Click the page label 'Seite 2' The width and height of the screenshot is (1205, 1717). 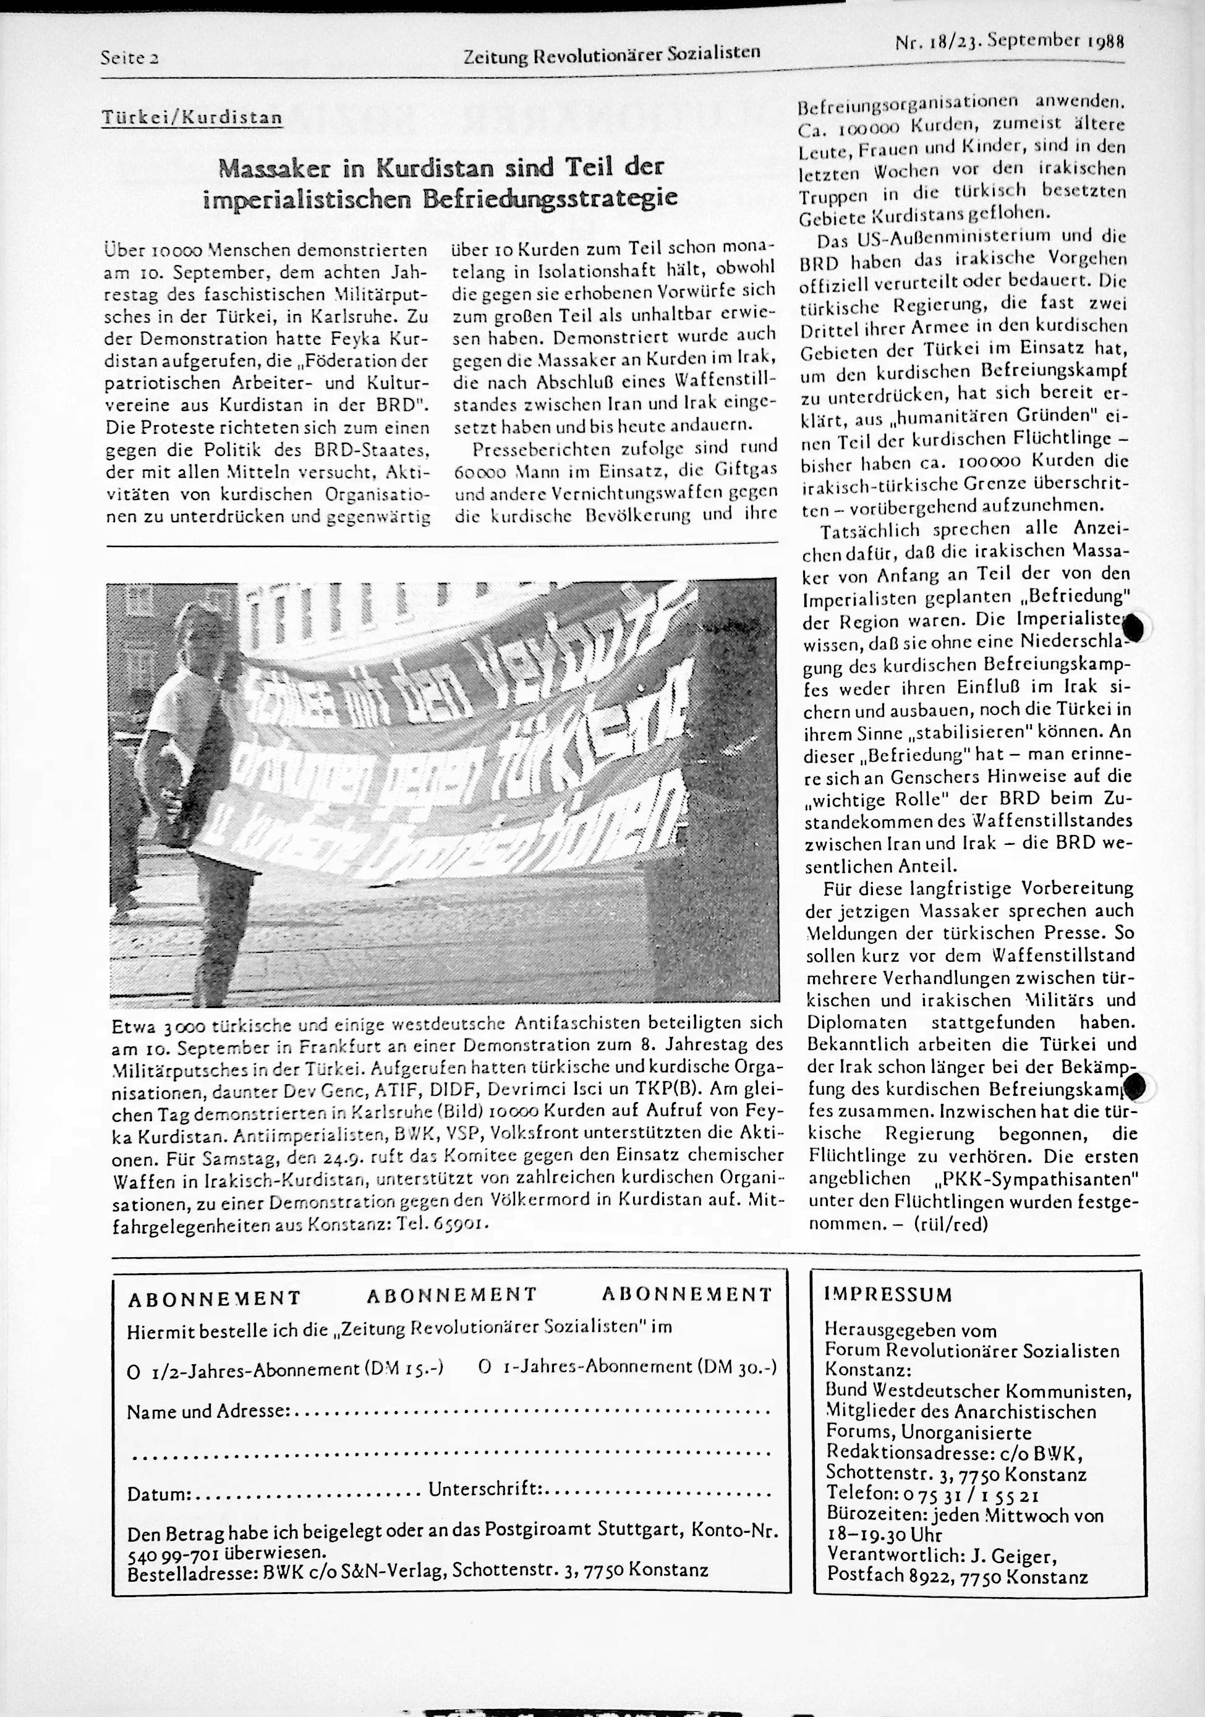pos(132,57)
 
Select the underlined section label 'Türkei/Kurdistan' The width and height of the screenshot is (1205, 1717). pos(192,118)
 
